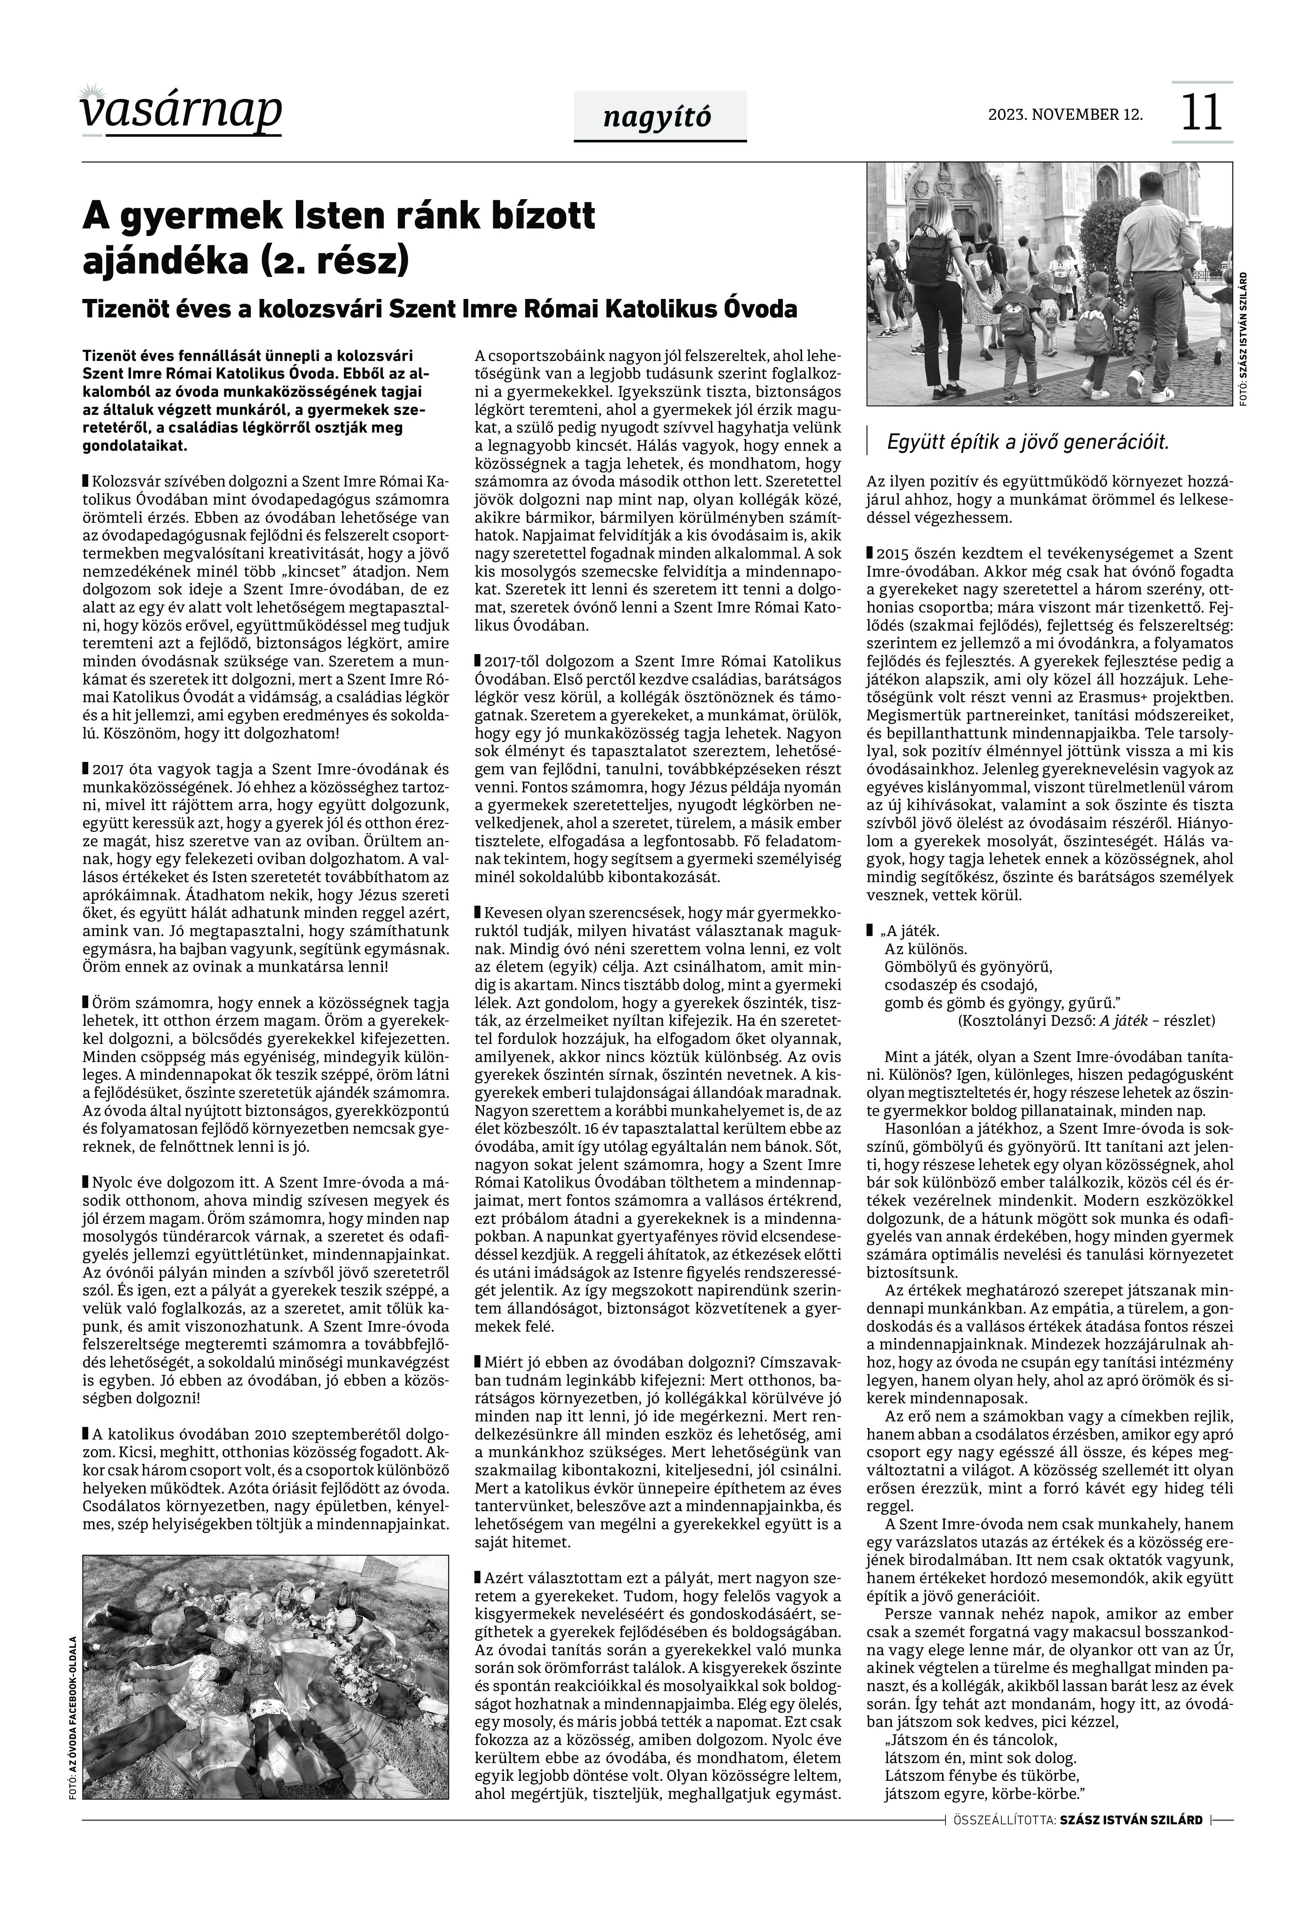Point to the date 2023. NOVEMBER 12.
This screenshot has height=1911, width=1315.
pyautogui.click(x=1065, y=114)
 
